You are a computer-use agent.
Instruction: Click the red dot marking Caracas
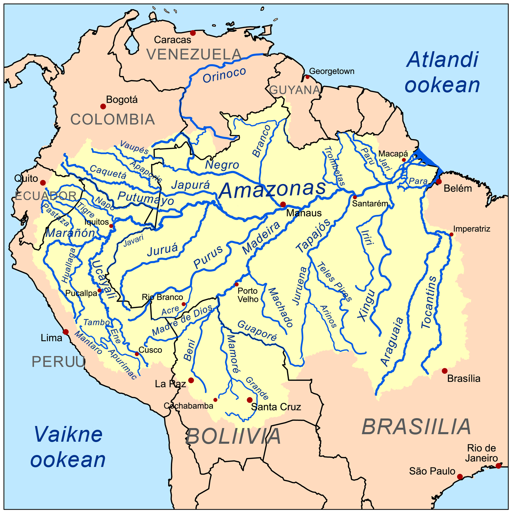(193, 33)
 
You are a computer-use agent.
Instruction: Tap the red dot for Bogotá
(103, 106)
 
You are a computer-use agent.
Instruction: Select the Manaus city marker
(283, 204)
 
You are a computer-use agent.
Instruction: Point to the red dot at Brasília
(444, 371)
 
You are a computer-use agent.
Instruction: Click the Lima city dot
(66, 332)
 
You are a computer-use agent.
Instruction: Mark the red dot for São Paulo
(460, 477)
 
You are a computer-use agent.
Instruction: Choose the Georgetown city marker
(307, 77)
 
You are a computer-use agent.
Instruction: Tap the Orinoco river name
(224, 75)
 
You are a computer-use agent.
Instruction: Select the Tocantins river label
(429, 302)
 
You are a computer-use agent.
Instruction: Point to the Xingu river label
(367, 305)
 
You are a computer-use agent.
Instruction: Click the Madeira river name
(261, 238)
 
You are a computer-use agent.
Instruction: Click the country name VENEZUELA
(194, 55)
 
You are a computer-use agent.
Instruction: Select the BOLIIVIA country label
(233, 436)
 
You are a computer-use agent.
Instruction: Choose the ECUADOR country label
(46, 196)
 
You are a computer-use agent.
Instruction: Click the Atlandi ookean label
(442, 72)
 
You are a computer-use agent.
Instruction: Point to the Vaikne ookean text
(68, 447)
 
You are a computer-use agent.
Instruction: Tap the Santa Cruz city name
(276, 407)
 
